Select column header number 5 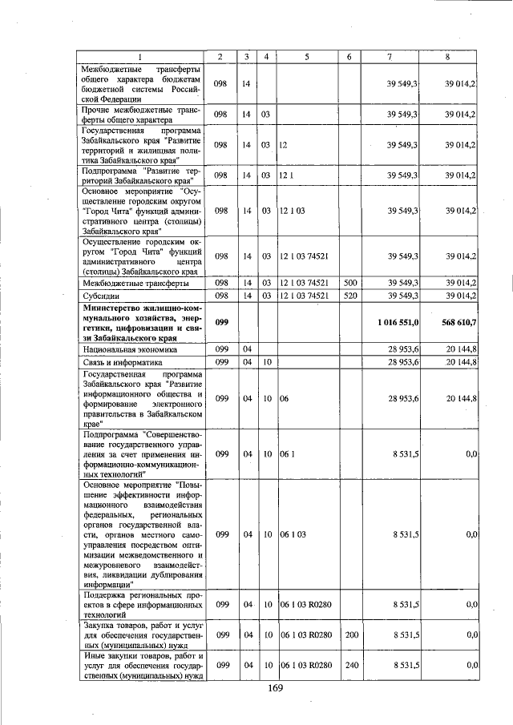307,56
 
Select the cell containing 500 349,283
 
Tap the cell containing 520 349,296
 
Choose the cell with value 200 349,634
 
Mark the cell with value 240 349,665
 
